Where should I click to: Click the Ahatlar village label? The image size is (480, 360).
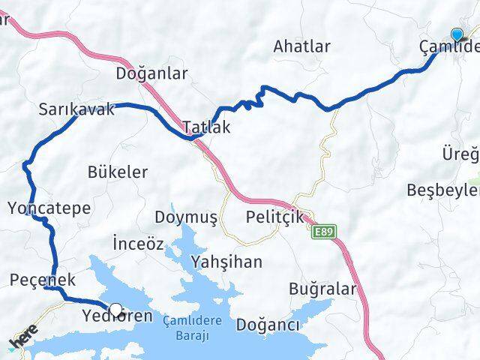(x=302, y=46)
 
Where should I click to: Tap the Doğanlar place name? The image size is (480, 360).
(x=151, y=73)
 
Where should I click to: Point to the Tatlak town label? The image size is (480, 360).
(x=206, y=127)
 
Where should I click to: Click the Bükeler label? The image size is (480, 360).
(x=118, y=172)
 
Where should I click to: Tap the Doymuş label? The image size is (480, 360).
(x=185, y=217)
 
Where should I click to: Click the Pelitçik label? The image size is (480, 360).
(x=274, y=217)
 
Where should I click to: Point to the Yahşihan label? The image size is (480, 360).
(x=226, y=262)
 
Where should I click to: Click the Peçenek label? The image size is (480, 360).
(x=43, y=280)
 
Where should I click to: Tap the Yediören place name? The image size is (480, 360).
(x=115, y=316)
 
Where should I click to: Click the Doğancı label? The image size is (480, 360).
(x=268, y=325)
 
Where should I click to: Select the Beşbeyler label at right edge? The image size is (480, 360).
(x=442, y=190)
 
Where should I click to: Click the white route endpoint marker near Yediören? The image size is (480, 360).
(x=115, y=308)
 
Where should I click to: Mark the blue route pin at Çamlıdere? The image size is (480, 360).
(x=457, y=34)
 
